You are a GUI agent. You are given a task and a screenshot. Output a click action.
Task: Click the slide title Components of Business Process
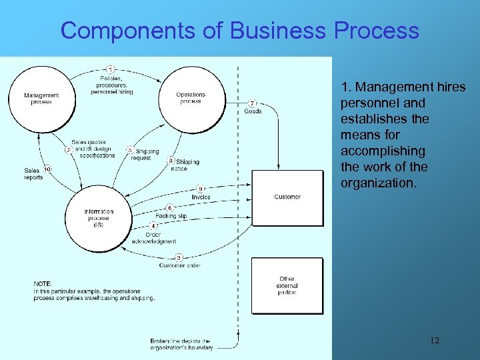coord(240,31)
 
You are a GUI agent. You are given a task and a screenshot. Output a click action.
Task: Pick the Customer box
coord(287,197)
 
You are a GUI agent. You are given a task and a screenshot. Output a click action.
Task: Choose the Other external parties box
coord(287,286)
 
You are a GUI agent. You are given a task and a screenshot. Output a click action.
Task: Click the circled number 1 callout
coord(110,69)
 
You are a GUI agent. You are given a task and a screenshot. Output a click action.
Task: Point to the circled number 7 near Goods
coord(252,103)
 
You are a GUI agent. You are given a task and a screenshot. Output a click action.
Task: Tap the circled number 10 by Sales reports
coord(48,169)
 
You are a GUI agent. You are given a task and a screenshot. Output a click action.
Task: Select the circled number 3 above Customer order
coord(179,257)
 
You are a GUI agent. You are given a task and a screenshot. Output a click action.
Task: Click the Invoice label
coord(201,197)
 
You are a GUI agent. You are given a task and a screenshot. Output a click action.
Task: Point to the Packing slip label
coord(171,216)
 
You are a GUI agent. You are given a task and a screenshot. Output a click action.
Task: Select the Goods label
coord(253,111)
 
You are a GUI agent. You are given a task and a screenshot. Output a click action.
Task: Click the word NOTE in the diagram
coord(43,284)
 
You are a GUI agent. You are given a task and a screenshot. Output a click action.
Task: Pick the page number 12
coord(435,341)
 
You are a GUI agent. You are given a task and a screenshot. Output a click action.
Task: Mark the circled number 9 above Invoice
coord(201,189)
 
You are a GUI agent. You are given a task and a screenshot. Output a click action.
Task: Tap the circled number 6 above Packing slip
coord(169,207)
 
